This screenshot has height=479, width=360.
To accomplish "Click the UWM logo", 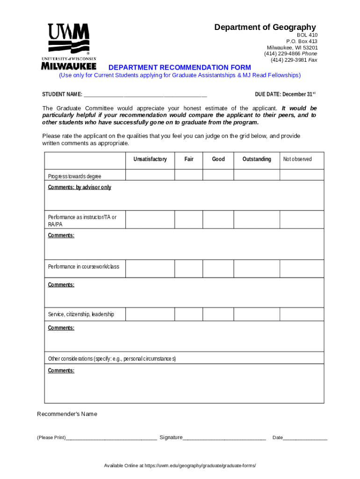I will [x=69, y=47].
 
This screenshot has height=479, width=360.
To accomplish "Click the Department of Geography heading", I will [x=265, y=28].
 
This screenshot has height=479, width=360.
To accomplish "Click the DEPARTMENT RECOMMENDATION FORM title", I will [x=180, y=68].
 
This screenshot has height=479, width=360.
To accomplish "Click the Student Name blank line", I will [x=145, y=94].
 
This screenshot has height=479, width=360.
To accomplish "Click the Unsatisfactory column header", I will [x=150, y=160].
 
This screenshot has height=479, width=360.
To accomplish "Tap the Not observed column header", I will [x=297, y=160].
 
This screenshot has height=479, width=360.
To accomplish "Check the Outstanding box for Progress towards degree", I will [x=256, y=175].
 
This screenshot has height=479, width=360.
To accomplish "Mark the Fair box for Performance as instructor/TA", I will [x=188, y=219].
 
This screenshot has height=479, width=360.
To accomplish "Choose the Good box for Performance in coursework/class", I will [x=218, y=269].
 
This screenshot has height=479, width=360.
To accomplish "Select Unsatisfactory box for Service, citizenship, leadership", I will [x=150, y=314].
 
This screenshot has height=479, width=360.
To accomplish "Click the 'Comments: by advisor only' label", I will [x=79, y=188].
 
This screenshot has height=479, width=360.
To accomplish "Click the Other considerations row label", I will [x=112, y=359].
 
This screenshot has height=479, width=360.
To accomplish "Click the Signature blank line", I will [x=224, y=438].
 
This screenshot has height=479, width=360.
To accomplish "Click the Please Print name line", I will [x=111, y=438].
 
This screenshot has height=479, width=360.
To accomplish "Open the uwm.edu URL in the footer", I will [x=200, y=466].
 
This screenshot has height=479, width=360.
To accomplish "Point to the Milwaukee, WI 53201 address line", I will [x=292, y=48].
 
